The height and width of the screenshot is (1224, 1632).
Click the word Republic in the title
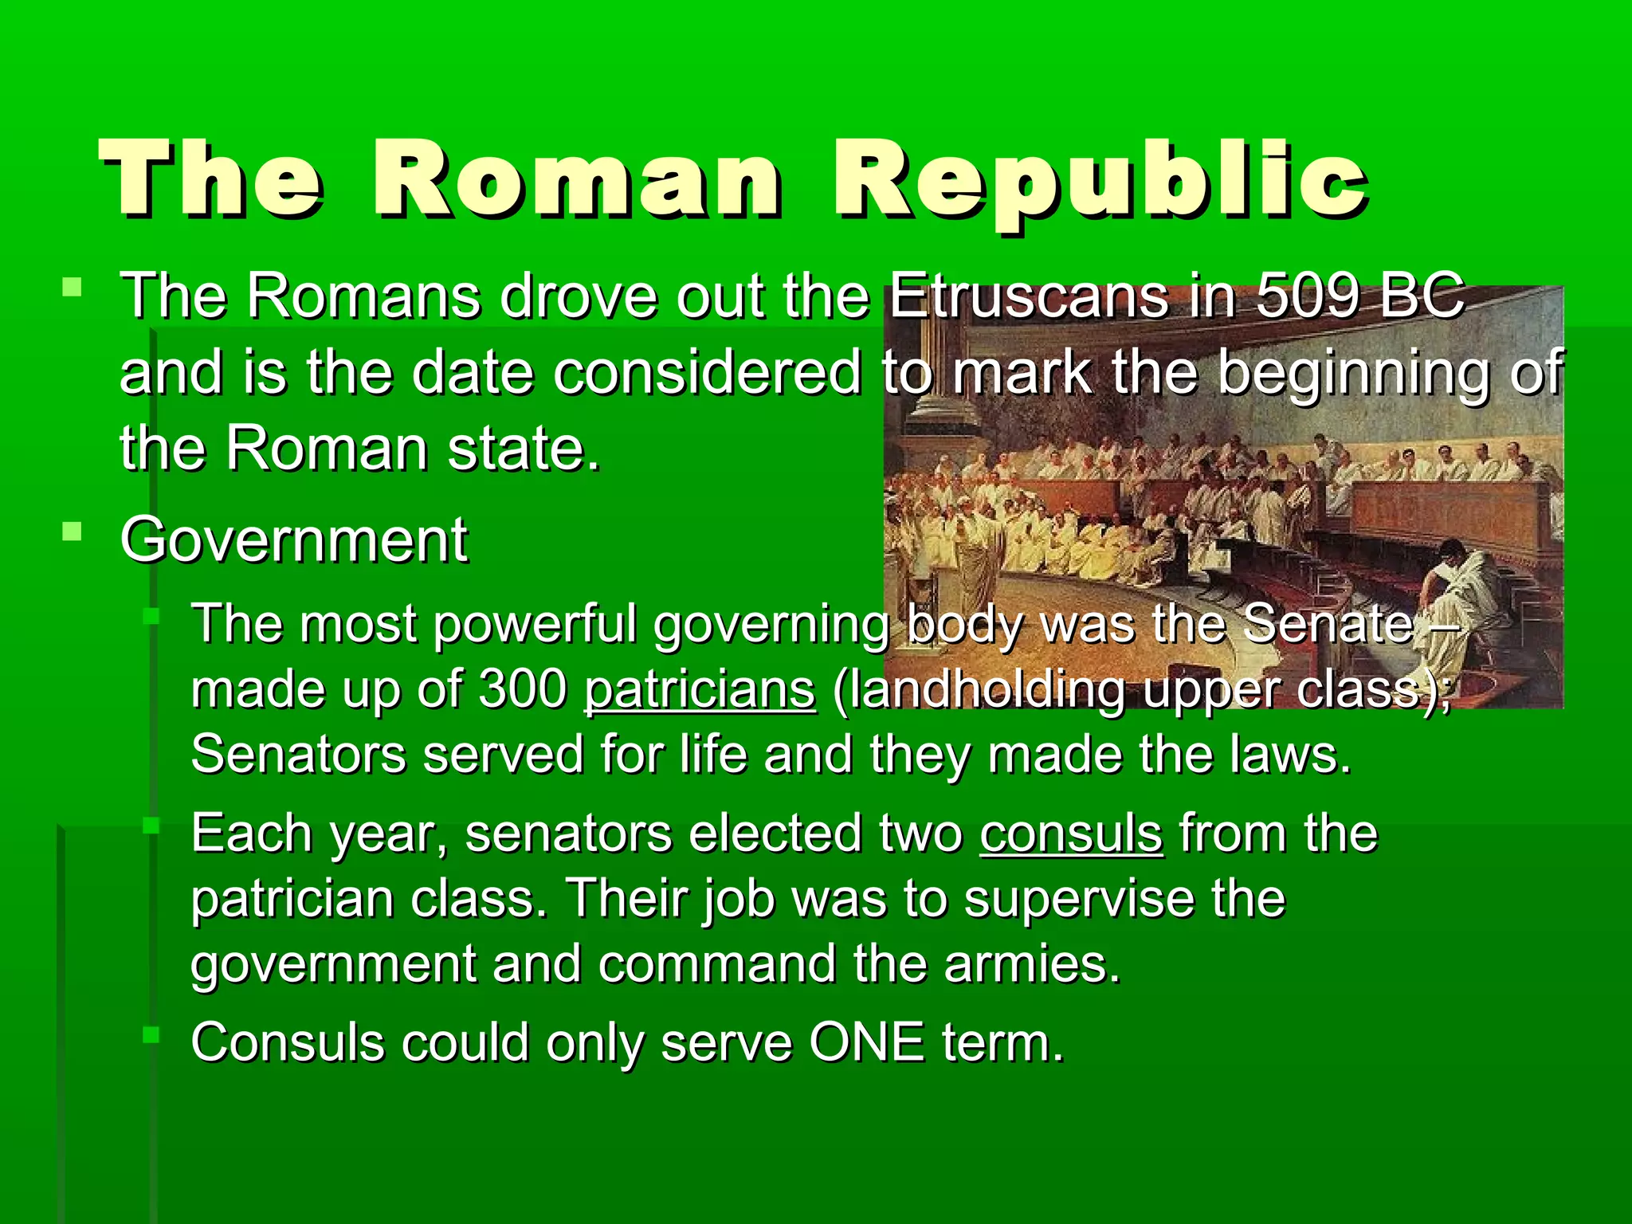(1100, 180)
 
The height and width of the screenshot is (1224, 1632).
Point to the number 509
(1308, 296)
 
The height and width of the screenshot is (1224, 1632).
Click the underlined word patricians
(700, 689)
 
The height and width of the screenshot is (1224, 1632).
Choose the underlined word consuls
(1071, 834)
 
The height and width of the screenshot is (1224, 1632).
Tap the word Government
(293, 541)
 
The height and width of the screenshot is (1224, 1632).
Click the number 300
(523, 689)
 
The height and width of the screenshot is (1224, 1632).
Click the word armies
(1033, 964)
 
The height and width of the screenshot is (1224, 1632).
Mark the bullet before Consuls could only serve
(151, 1035)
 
